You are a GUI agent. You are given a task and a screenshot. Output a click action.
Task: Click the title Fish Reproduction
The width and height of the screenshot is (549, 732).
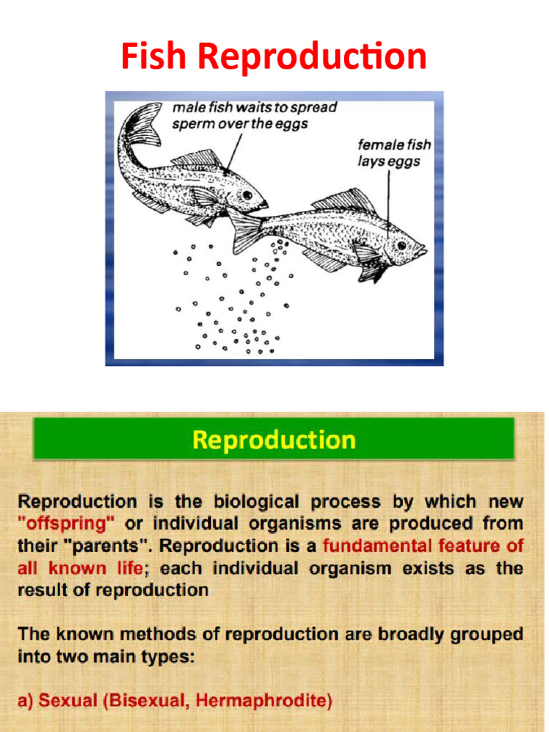274,57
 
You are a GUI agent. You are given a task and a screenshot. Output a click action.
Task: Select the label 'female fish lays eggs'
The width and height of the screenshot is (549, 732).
394,153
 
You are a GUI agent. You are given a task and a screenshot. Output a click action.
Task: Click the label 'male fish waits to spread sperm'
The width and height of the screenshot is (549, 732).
254,115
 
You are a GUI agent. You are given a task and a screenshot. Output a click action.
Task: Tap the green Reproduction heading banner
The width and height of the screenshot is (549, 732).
274,439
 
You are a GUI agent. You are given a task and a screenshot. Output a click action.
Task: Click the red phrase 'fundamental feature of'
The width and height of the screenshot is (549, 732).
422,546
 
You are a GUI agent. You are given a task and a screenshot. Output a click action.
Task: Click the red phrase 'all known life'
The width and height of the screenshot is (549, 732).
79,569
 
